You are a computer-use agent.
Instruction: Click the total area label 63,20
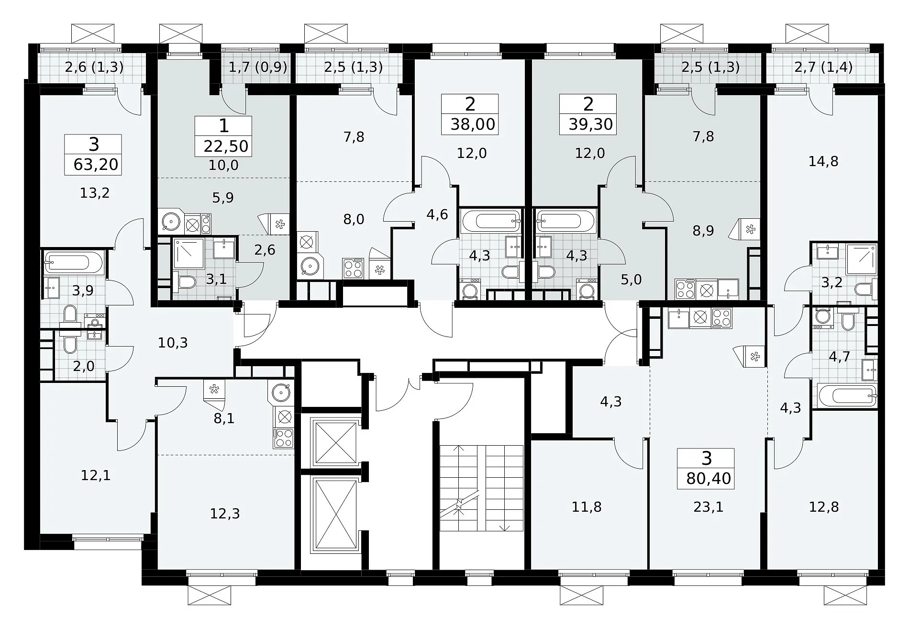(x=96, y=165)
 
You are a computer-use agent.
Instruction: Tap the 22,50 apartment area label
(x=226, y=146)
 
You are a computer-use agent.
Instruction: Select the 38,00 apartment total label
(x=473, y=124)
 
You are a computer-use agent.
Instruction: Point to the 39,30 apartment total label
(x=591, y=124)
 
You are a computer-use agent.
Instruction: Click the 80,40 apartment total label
(x=709, y=479)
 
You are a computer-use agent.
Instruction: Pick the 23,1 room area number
(x=709, y=506)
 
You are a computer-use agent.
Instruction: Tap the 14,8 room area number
(x=823, y=161)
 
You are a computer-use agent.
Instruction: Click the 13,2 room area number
(x=95, y=193)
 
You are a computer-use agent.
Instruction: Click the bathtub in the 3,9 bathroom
(x=73, y=263)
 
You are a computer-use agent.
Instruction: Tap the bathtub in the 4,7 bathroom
(x=847, y=396)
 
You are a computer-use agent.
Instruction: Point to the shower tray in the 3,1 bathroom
(x=189, y=253)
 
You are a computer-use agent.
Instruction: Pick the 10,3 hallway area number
(x=173, y=343)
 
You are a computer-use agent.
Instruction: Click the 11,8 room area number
(x=587, y=507)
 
